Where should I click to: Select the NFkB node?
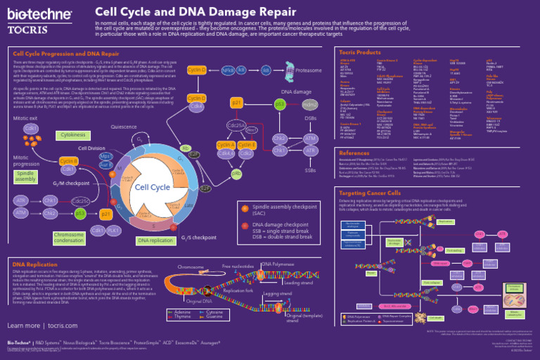pos(227,70)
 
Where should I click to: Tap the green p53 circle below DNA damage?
pos(280,104)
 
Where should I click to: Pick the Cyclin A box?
pos(226,146)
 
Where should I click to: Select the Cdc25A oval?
pos(236,125)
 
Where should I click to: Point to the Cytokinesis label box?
pos(73,134)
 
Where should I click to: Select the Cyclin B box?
pos(68,162)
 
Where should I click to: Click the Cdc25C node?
pos(80,201)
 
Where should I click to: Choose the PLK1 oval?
pos(115,230)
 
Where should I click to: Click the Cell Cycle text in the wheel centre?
pos(153,187)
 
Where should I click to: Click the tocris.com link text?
pos(62,326)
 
